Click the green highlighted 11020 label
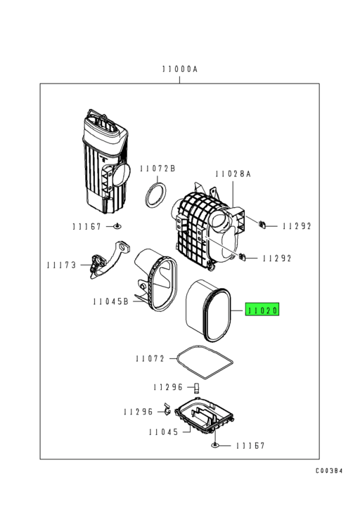tap(262, 310)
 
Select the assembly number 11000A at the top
tap(179, 70)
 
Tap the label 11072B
tap(157, 169)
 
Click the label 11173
tap(62, 265)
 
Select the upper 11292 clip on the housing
tap(261, 225)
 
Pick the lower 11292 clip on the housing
tap(243, 256)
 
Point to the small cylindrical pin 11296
tap(198, 388)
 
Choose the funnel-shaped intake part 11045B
tap(158, 285)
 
